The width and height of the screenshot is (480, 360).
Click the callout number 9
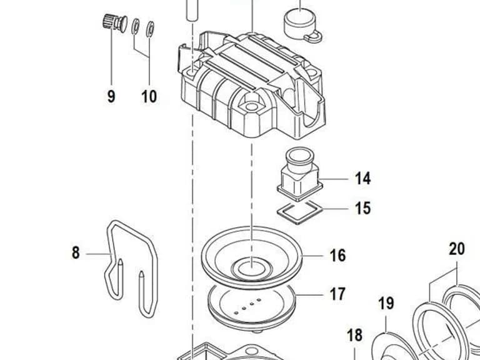(111, 96)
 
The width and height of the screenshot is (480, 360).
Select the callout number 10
(149, 96)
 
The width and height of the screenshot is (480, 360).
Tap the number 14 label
(362, 178)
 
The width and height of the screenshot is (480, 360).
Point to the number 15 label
(362, 208)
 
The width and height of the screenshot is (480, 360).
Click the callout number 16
(337, 255)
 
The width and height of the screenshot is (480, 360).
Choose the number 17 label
(337, 294)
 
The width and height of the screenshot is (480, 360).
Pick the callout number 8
(76, 253)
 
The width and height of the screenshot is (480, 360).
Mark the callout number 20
(457, 249)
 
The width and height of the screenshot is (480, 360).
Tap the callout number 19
(386, 303)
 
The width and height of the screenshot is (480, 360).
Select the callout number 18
(354, 335)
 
